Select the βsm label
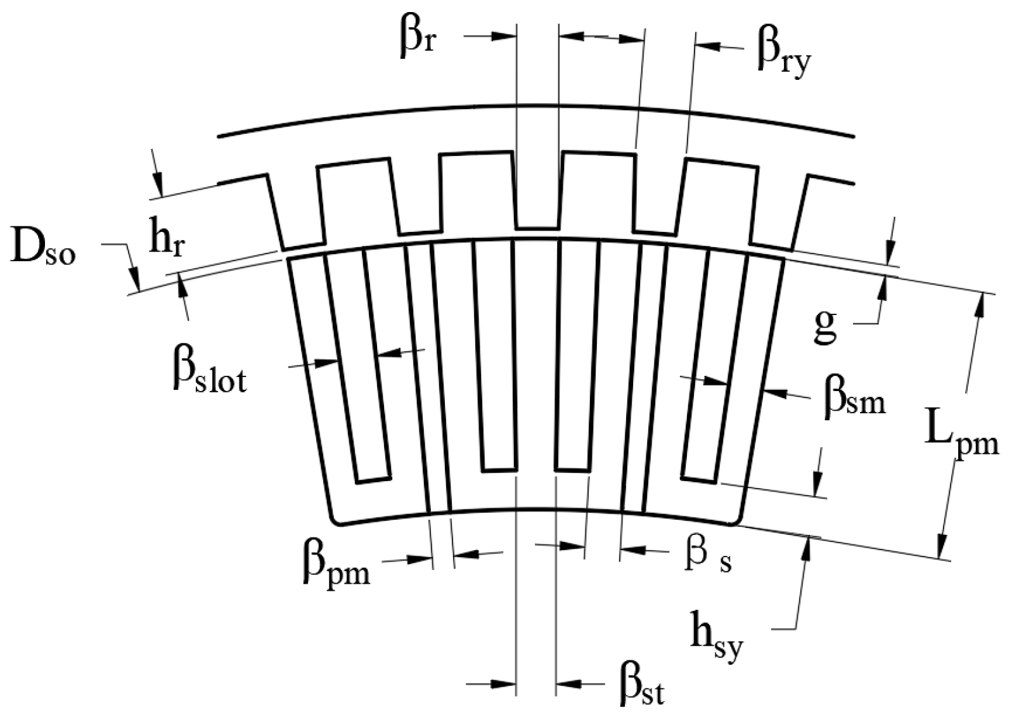[854, 399]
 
